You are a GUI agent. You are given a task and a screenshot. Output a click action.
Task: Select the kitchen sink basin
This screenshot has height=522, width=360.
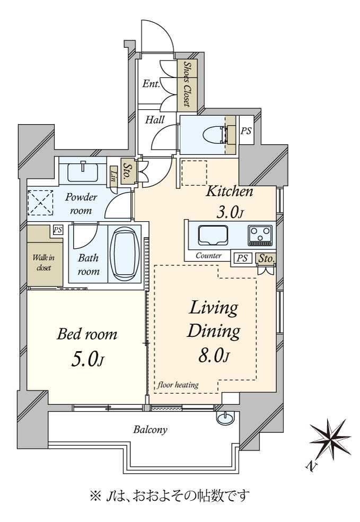point(213,235)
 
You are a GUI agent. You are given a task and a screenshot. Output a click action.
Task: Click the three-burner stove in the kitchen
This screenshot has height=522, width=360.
point(260,235)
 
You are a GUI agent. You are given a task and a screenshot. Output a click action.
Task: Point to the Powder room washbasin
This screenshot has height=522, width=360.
point(83,171)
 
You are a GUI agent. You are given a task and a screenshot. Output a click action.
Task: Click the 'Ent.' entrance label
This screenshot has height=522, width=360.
point(151,84)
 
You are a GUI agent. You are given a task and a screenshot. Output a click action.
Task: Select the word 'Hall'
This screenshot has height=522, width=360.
point(155,119)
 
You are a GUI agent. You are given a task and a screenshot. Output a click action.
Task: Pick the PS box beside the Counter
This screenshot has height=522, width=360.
point(242,258)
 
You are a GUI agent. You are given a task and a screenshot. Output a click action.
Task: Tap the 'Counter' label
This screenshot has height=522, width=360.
point(208,256)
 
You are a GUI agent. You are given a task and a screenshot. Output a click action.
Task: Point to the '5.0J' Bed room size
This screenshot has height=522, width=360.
point(88,360)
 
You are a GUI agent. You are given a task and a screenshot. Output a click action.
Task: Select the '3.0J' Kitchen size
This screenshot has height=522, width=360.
point(230,212)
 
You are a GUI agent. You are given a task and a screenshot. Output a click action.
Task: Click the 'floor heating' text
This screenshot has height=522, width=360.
point(178,385)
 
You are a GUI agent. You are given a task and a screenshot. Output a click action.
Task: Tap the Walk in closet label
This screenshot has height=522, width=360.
point(43,263)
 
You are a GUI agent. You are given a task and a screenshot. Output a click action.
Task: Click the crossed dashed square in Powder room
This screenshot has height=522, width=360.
point(40,203)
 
